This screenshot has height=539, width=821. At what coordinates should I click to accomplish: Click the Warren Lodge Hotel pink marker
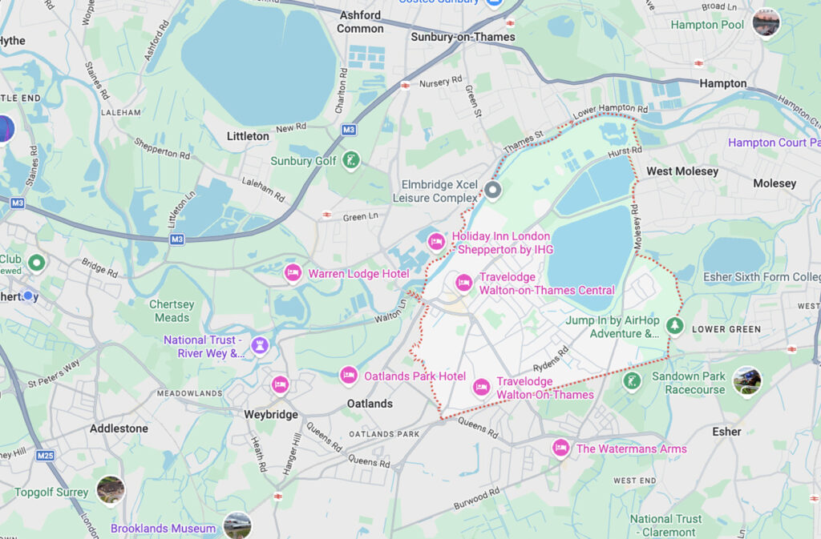[293, 273]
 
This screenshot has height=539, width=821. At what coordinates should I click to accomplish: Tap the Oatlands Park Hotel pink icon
[348, 375]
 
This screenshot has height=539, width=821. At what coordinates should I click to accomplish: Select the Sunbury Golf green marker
[350, 160]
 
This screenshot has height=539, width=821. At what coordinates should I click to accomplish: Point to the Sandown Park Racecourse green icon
[632, 381]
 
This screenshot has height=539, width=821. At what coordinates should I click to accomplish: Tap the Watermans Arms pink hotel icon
[560, 448]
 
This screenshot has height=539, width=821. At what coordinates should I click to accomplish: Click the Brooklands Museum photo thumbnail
[237, 525]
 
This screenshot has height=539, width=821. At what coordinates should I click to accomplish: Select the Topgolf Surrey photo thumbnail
[110, 490]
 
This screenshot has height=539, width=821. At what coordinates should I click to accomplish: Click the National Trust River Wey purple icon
[259, 345]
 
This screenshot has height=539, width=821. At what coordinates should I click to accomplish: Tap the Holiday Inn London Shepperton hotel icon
[435, 241]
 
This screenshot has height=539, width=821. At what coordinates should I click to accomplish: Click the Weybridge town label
[271, 414]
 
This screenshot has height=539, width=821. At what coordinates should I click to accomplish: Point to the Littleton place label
[248, 136]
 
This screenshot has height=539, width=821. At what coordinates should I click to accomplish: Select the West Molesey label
[681, 171]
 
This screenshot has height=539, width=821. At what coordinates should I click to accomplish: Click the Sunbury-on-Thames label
[463, 37]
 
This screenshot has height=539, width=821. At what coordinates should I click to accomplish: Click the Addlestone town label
[119, 428]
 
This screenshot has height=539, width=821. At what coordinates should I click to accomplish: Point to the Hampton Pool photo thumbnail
[766, 22]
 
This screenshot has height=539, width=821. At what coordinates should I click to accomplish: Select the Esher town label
[726, 432]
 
